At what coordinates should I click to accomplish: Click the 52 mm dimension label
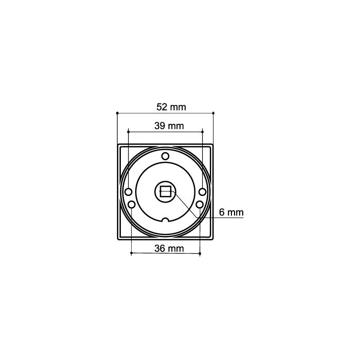(x=170, y=107)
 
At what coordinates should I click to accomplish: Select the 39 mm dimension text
(x=169, y=125)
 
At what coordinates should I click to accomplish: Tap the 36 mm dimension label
(x=169, y=248)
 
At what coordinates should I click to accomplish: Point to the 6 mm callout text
(x=231, y=212)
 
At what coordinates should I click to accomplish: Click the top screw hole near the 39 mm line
(x=165, y=156)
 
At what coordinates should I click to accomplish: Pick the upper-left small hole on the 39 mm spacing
(x=128, y=192)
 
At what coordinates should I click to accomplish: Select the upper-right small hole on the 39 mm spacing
(x=203, y=192)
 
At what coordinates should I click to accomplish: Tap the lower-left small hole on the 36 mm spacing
(x=132, y=205)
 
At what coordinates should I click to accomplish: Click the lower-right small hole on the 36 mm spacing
(x=200, y=205)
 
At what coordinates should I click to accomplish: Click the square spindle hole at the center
(x=166, y=192)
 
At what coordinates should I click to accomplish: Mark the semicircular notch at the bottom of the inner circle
(x=165, y=221)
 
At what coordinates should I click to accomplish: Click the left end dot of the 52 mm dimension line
(x=118, y=112)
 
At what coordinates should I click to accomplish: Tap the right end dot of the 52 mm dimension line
(x=213, y=112)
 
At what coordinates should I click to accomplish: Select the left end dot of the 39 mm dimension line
(x=128, y=131)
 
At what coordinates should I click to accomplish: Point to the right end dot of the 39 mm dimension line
(x=203, y=131)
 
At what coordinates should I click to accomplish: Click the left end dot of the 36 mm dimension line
(x=132, y=253)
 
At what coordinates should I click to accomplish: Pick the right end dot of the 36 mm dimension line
(x=200, y=253)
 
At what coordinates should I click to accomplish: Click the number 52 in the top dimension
(x=161, y=107)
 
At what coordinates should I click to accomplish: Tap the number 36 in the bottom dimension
(x=160, y=248)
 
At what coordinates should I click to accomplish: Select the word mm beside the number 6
(x=236, y=212)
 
